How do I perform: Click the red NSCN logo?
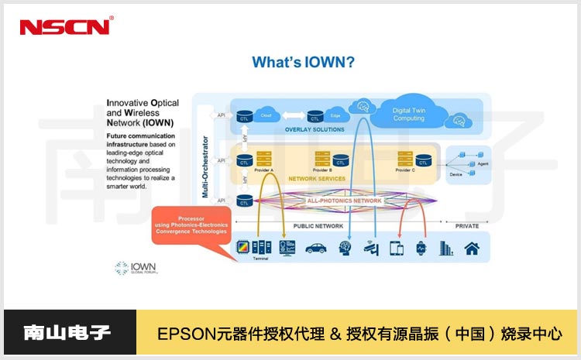[65, 26]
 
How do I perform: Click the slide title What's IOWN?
[304, 63]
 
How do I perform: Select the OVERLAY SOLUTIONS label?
[314, 129]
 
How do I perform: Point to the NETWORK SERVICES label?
[318, 178]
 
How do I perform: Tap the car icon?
[315, 249]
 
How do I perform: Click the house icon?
[472, 249]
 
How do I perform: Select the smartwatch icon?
[421, 249]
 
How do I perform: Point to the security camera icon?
[370, 249]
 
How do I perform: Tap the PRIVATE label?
[467, 226]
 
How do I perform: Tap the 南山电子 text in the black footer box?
[68, 334]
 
